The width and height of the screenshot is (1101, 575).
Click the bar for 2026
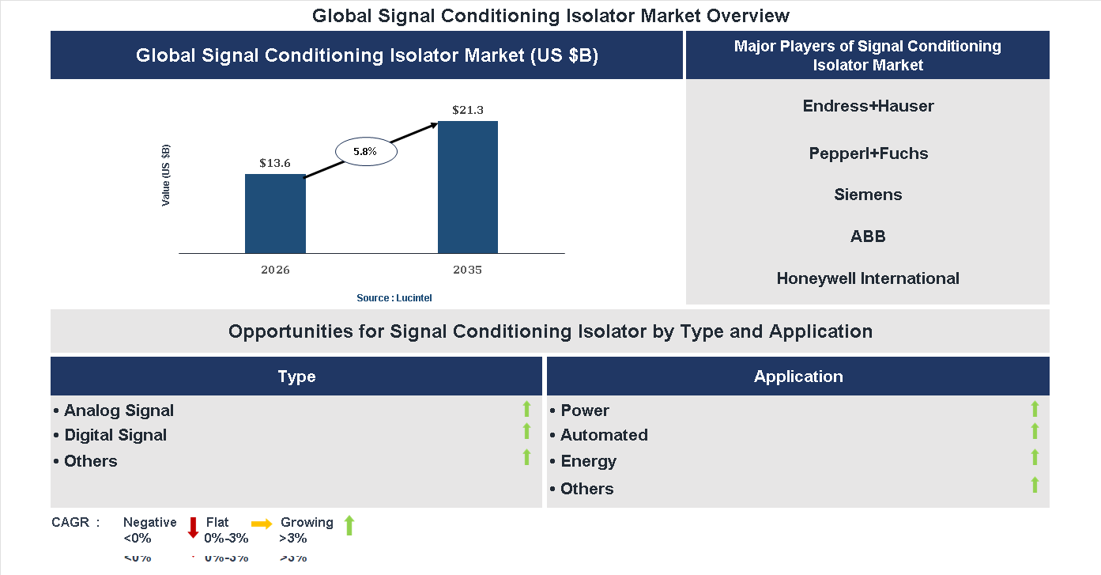[x=275, y=214]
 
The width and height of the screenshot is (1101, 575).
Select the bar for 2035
[x=468, y=187]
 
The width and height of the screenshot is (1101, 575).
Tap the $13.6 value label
[x=275, y=163]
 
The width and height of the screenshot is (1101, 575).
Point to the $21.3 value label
[x=468, y=110]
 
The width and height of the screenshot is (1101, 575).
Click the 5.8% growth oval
[x=365, y=150]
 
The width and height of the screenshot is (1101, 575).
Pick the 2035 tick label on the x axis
[x=468, y=270]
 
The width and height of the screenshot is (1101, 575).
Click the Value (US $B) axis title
[x=166, y=176]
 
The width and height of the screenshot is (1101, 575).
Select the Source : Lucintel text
[x=394, y=297]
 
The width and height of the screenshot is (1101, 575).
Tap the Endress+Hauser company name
[x=868, y=106]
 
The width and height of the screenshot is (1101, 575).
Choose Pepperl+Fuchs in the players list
[x=868, y=153]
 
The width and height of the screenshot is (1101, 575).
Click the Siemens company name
[x=868, y=195]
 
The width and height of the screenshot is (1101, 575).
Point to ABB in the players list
[x=868, y=236]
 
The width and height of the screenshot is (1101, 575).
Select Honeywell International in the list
[x=868, y=278]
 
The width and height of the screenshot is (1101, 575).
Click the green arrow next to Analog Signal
[x=526, y=409]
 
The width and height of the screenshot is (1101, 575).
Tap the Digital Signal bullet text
[x=115, y=435]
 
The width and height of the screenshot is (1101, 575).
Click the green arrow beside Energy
[x=1035, y=457]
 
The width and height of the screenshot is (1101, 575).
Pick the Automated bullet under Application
[x=604, y=435]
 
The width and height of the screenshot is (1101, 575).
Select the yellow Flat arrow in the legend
[x=261, y=524]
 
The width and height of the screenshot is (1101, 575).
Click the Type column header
[x=296, y=376]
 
